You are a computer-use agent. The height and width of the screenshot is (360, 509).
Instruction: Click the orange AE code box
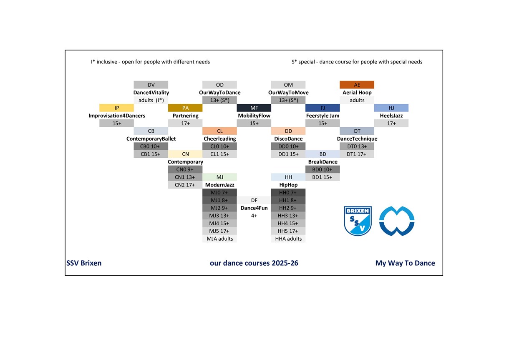point(357,85)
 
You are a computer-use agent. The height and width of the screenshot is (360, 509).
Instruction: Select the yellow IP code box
point(116,108)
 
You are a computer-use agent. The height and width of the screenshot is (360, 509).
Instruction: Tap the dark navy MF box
point(254,108)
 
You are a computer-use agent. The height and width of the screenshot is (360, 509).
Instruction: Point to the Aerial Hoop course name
point(357,93)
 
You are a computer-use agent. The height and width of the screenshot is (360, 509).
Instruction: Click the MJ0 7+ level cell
point(219,193)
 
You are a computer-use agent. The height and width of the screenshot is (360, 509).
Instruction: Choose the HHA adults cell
point(288,239)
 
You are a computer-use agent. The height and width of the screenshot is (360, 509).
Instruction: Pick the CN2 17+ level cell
point(185,185)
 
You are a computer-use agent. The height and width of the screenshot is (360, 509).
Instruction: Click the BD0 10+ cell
point(323,169)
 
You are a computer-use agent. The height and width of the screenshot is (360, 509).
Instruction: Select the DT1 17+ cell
point(357,154)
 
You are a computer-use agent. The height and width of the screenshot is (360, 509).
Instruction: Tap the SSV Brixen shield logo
point(358,221)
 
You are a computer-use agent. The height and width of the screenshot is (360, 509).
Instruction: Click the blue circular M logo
point(396,221)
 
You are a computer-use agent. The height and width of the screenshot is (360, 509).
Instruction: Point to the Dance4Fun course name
point(254,208)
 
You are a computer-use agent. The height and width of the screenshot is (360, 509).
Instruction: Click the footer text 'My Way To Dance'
point(405,263)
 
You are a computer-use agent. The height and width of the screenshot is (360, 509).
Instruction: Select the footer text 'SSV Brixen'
point(84,263)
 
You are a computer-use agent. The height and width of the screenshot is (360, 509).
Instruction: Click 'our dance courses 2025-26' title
point(254,263)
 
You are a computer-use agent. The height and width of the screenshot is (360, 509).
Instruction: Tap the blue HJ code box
point(391,108)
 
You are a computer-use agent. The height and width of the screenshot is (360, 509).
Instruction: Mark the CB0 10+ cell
point(151,146)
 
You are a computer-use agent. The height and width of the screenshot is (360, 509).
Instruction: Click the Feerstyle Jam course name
point(323,116)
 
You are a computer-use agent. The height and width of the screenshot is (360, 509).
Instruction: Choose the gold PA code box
point(185,108)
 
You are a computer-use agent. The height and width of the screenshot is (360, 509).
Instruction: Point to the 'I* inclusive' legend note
point(150,62)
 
